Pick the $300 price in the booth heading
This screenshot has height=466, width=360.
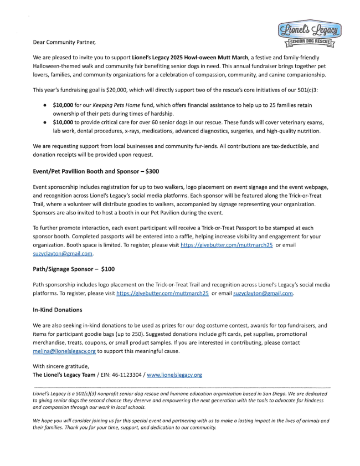point(151,171)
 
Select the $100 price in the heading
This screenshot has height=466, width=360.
point(108,269)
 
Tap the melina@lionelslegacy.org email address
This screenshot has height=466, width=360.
point(64,351)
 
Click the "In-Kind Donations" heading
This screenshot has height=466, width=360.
point(58,310)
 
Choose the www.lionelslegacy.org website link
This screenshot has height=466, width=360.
point(174,375)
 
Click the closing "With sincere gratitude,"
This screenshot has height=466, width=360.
point(61,366)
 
